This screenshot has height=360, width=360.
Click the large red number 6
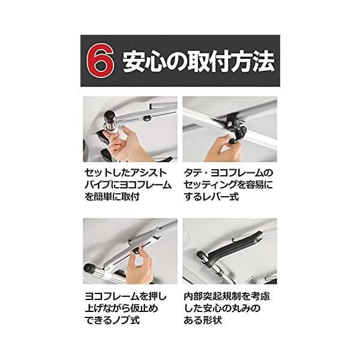click(x=100, y=61)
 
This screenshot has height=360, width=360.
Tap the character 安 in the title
click(x=134, y=61)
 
